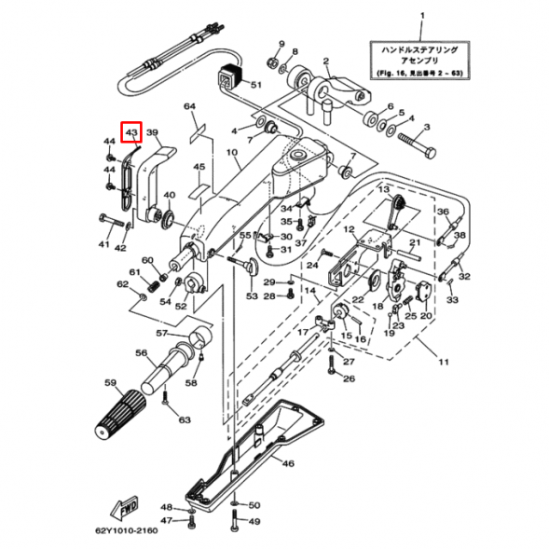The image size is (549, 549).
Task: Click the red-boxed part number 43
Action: coord(131,133)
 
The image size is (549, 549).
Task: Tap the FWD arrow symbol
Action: coord(125,508)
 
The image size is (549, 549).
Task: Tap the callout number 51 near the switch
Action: coord(255,84)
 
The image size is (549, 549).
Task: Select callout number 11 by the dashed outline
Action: coord(444,362)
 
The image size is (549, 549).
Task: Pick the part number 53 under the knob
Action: coord(252,295)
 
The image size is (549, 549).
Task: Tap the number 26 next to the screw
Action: coord(349,378)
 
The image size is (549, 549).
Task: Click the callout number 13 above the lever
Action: coord(381,189)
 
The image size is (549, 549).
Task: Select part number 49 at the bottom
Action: coord(254,522)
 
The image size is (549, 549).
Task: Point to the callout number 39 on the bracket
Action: coord(153,133)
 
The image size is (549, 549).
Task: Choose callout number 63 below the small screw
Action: coord(184,420)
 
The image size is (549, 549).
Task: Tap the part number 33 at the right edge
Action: coord(452,301)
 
